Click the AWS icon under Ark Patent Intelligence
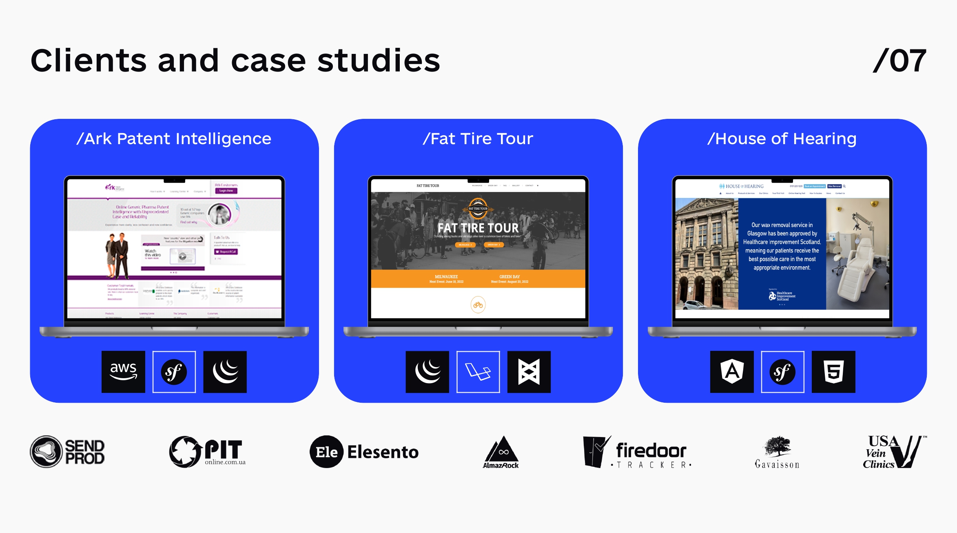click(x=123, y=372)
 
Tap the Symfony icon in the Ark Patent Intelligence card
click(x=174, y=372)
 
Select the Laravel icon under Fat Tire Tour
click(x=478, y=372)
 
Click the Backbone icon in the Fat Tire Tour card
click(x=529, y=372)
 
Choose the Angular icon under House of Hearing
click(x=732, y=372)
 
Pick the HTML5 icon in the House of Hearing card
click(x=833, y=372)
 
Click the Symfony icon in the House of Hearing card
click(x=782, y=372)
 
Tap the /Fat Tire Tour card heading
click(x=478, y=139)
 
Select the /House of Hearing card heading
click(x=782, y=139)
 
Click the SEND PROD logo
click(x=67, y=452)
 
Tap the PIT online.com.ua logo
click(x=207, y=452)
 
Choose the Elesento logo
click(x=364, y=452)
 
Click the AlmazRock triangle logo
click(x=501, y=452)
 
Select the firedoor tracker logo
click(x=637, y=452)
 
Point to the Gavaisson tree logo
click(x=777, y=452)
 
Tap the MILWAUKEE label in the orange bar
click(x=446, y=277)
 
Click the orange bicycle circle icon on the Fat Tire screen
click(x=478, y=305)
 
